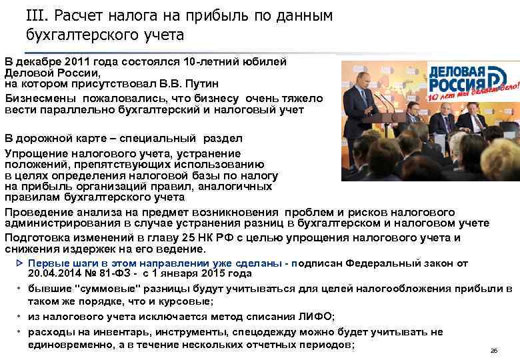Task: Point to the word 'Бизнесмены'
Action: (x=40, y=98)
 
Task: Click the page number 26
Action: (x=494, y=350)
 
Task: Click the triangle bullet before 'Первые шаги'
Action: (x=19, y=263)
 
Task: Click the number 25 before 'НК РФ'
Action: (x=180, y=238)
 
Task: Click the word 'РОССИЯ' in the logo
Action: (x=453, y=85)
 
